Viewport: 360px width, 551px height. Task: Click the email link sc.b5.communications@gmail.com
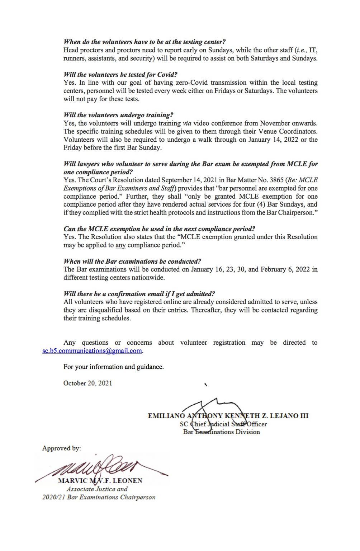click(x=92, y=351)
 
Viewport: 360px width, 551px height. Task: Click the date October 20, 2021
click(x=87, y=383)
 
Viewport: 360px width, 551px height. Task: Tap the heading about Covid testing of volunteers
click(x=120, y=75)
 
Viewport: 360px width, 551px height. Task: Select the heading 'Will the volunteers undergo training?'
click(x=118, y=115)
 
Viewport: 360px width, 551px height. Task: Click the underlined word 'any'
click(x=120, y=245)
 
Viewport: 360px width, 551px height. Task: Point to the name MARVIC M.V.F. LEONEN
click(x=100, y=481)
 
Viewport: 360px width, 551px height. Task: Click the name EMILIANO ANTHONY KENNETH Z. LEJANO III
click(x=228, y=416)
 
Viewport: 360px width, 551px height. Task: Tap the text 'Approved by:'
click(x=61, y=448)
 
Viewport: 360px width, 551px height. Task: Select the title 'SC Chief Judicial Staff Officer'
click(x=223, y=424)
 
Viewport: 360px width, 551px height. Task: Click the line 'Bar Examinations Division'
click(x=221, y=432)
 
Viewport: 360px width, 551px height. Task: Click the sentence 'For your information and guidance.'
click(x=113, y=367)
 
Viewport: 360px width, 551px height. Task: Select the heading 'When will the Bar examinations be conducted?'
click(x=132, y=262)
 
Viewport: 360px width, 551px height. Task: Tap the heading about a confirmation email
click(x=139, y=294)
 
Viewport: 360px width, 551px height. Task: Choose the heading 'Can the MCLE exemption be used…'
click(x=159, y=229)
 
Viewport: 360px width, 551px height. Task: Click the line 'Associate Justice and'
click(x=97, y=489)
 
